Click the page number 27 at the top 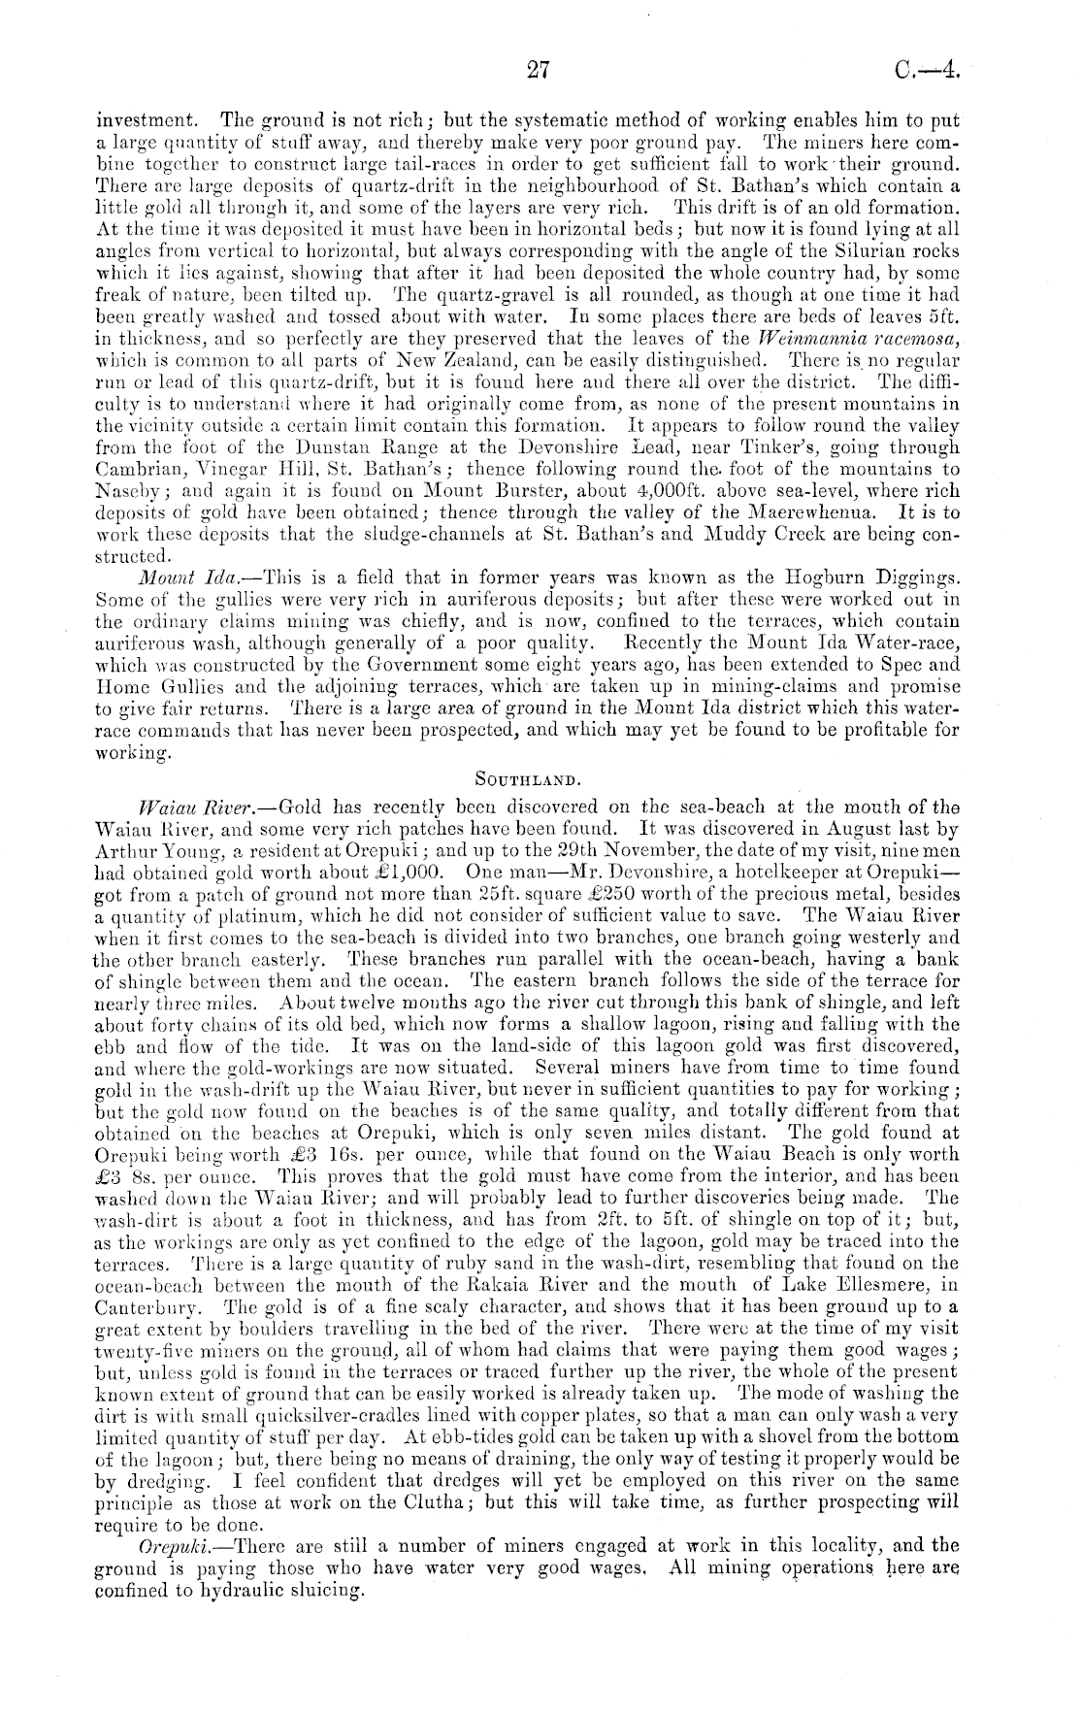pyautogui.click(x=539, y=70)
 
